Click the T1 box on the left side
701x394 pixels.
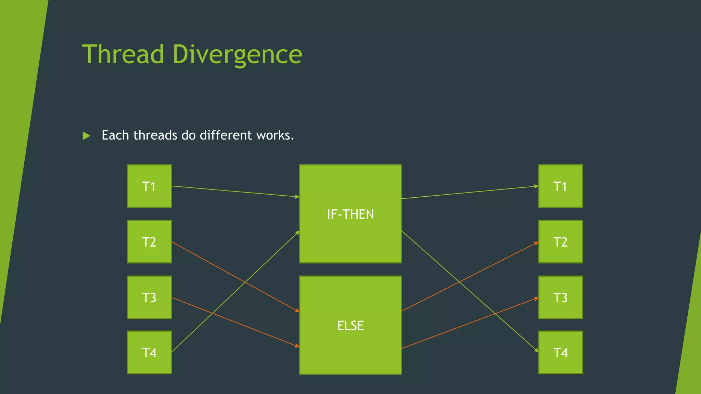tap(149, 186)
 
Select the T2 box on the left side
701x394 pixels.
tap(149, 242)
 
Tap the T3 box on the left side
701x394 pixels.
tap(149, 297)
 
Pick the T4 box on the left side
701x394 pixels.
tap(149, 352)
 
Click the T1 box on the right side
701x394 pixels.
tap(560, 186)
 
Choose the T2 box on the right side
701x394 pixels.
tap(560, 242)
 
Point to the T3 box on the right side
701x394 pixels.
tap(560, 297)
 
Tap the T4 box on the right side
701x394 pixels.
tap(560, 352)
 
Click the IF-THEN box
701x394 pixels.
tap(350, 214)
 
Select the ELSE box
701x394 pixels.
tap(350, 325)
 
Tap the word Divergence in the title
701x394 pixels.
tap(237, 55)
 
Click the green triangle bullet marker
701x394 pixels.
tap(86, 136)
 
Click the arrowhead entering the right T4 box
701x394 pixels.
tap(536, 350)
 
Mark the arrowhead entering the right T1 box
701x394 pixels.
tap(536, 186)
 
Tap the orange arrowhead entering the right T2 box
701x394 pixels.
tap(536, 243)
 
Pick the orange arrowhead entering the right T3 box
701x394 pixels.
tap(536, 299)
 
